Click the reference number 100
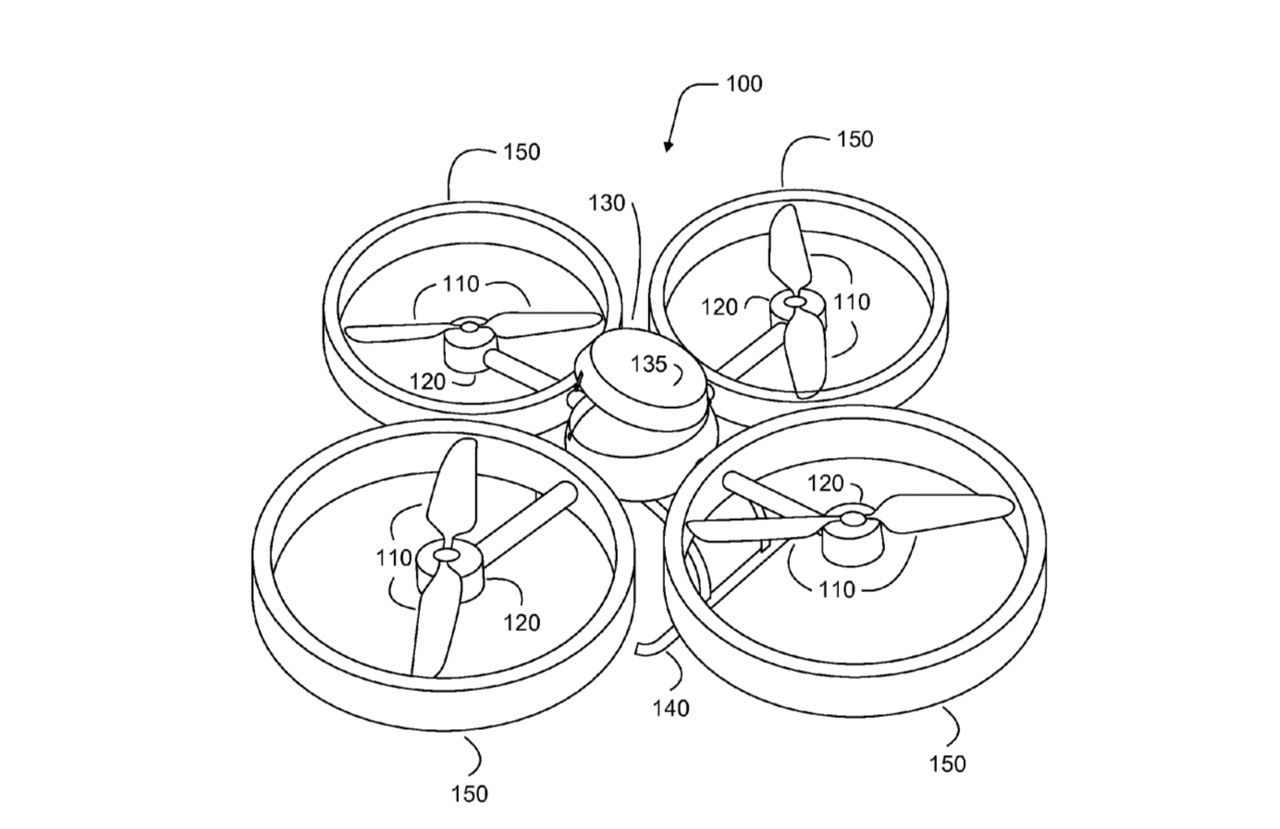[744, 84]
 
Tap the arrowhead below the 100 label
[668, 147]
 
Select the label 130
[607, 203]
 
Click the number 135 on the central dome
[649, 364]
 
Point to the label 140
[671, 709]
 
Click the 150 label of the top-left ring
[522, 152]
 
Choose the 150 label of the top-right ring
[855, 140]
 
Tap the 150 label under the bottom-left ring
[470, 794]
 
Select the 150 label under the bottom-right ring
[947, 764]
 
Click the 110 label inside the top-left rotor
[462, 283]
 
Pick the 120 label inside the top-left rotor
[427, 381]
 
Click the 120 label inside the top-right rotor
[720, 307]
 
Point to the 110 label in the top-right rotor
[852, 302]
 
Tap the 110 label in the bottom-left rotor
[394, 557]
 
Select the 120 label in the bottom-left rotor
[522, 623]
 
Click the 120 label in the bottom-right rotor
[825, 484]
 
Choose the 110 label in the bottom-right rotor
[837, 589]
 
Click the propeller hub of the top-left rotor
[469, 327]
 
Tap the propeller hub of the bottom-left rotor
[447, 554]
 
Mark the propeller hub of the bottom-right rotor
[852, 518]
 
